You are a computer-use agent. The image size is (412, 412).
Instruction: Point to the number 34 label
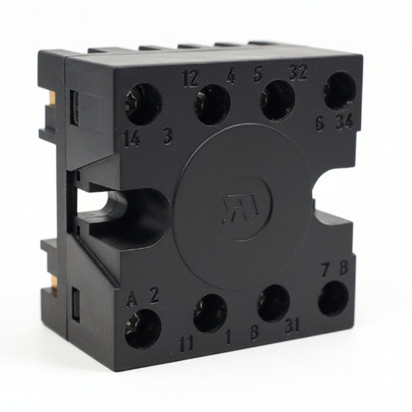[345, 122]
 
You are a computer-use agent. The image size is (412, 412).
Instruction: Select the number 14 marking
[131, 139]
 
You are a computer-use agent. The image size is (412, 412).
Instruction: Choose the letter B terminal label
[343, 271]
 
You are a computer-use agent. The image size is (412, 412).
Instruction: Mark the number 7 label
[325, 271]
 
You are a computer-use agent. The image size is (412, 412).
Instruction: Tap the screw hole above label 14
[142, 104]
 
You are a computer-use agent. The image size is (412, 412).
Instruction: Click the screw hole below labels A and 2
[143, 328]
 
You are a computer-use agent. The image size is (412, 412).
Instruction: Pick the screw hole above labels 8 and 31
[274, 303]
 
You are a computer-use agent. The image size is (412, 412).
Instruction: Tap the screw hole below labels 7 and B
[333, 298]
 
